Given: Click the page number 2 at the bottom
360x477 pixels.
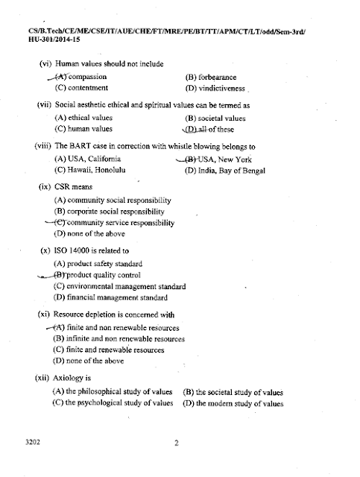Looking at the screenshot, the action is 177,446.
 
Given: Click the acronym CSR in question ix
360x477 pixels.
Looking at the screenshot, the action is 63,187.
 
